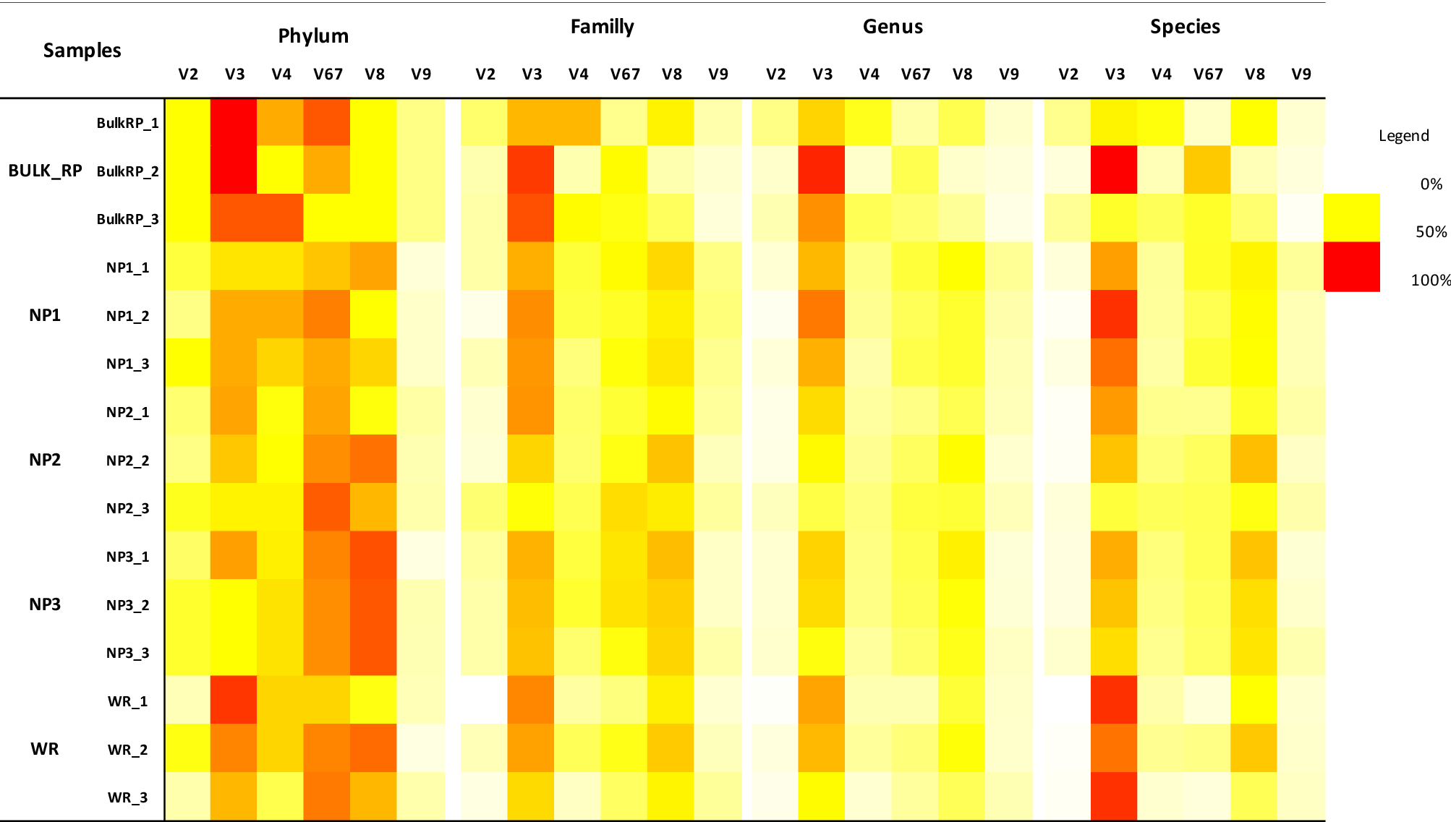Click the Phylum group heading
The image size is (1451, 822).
click(x=313, y=36)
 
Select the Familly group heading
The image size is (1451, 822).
click(x=602, y=27)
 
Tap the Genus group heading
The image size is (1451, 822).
click(x=893, y=27)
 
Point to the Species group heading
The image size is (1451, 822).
click(x=1185, y=27)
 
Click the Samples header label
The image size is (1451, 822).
click(x=82, y=51)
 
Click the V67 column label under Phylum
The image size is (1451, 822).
click(x=328, y=74)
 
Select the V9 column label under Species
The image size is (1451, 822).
click(x=1301, y=74)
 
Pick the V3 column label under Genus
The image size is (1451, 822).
click(x=822, y=74)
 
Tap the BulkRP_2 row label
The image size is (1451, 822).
click(x=127, y=171)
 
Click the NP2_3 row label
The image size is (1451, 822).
click(x=127, y=508)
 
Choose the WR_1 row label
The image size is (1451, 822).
click(x=127, y=701)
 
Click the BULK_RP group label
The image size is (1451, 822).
click(x=45, y=171)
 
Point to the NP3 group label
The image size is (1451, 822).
click(x=45, y=604)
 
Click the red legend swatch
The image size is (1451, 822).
click(x=1351, y=267)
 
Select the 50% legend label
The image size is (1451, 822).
click(x=1431, y=232)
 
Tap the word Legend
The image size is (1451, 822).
click(x=1403, y=136)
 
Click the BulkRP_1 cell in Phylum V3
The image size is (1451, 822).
click(x=234, y=122)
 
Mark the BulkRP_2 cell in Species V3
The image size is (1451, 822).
click(x=1114, y=170)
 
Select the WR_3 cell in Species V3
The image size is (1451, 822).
click(x=1114, y=796)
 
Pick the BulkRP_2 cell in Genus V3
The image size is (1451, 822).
click(x=822, y=170)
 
